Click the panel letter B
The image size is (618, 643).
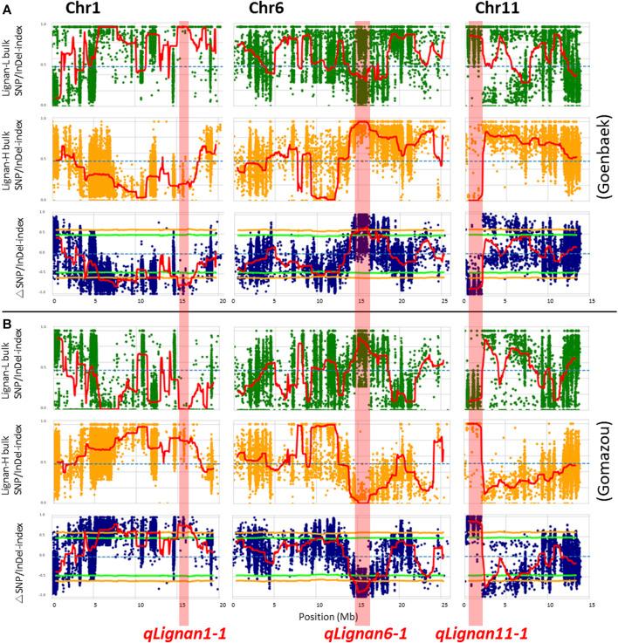click(7, 320)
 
